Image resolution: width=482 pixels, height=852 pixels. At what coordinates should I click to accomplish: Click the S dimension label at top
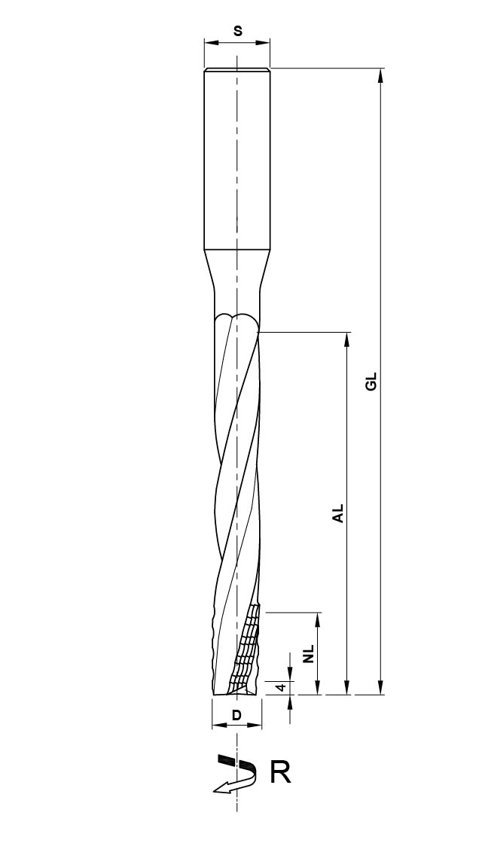click(237, 31)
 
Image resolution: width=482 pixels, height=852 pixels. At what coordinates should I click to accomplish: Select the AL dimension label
click(339, 513)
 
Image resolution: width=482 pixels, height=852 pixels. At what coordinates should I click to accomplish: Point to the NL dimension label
click(309, 654)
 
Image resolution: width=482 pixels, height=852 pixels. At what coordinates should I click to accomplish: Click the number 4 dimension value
click(281, 687)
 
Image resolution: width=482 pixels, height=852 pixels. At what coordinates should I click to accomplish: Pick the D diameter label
click(236, 716)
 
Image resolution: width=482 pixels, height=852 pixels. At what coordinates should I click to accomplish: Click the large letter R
click(280, 773)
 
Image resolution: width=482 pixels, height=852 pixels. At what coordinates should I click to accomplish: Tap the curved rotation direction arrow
click(235, 774)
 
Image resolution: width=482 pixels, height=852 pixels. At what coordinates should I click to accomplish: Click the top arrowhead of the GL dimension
click(380, 75)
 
